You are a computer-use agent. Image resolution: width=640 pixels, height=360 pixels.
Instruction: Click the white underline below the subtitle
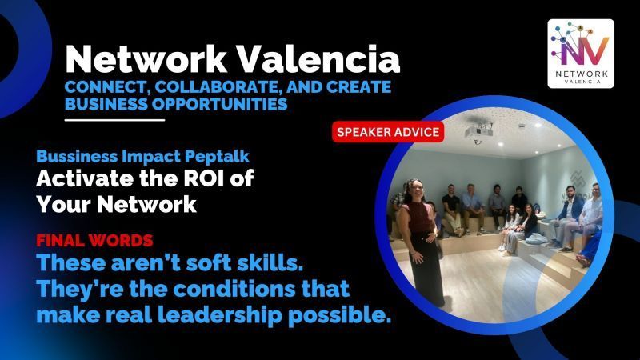click(x=114, y=120)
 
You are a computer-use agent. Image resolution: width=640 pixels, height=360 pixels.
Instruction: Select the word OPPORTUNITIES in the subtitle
click(x=212, y=103)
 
